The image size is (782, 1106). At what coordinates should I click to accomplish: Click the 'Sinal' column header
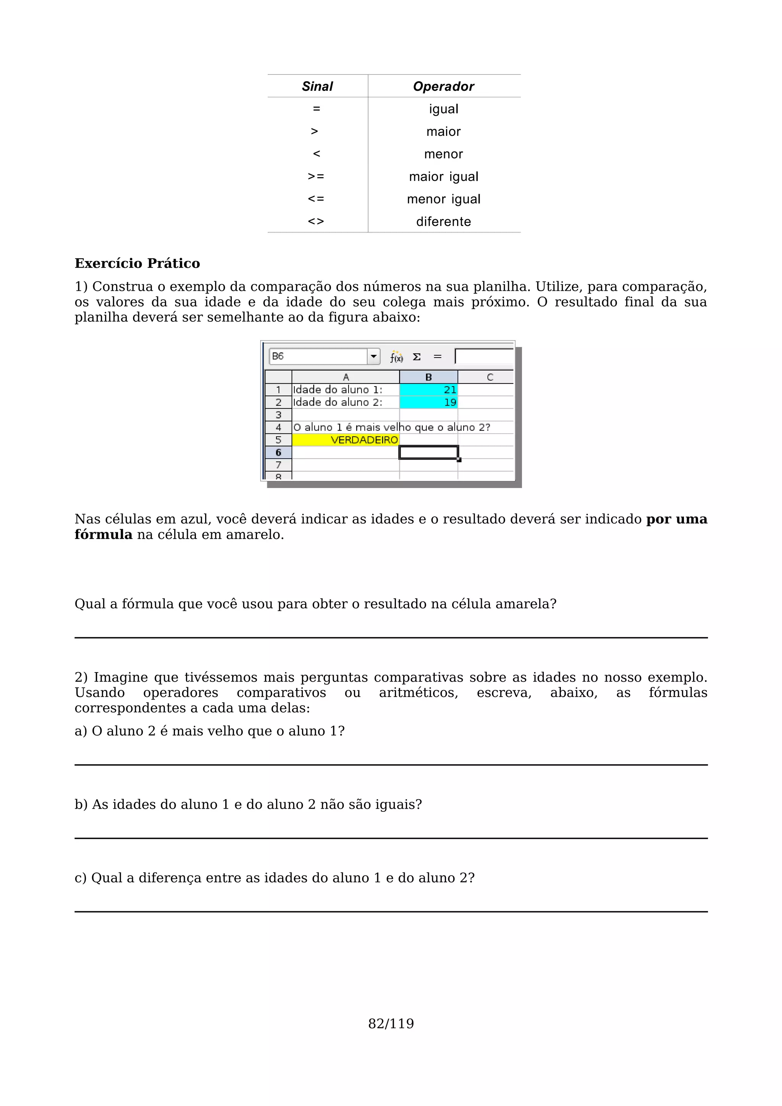[x=317, y=86]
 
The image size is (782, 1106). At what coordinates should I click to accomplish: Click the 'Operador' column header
[x=443, y=86]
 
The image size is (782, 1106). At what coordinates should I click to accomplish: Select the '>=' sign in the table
[x=316, y=176]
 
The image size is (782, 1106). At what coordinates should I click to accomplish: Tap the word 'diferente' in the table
[x=443, y=222]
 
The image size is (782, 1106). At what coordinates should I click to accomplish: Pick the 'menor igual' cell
[x=443, y=199]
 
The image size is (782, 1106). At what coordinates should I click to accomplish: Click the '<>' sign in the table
[x=316, y=222]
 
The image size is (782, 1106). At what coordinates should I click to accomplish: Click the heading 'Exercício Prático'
[x=137, y=263]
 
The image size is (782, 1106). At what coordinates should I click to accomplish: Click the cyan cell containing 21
[x=428, y=390]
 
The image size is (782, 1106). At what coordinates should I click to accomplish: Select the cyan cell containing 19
[x=428, y=402]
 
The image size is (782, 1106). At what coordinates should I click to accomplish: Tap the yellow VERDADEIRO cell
[x=346, y=440]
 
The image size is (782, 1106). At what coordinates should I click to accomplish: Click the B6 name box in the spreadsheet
[x=318, y=356]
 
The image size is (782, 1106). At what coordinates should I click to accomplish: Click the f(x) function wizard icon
[x=396, y=357]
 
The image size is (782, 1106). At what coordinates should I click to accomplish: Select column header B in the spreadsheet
[x=428, y=377]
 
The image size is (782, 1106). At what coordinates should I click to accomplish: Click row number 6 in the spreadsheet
[x=278, y=452]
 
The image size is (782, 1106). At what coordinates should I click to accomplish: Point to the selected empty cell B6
[x=428, y=452]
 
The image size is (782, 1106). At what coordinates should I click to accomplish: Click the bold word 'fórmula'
[x=103, y=535]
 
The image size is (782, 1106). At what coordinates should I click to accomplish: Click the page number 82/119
[x=391, y=1024]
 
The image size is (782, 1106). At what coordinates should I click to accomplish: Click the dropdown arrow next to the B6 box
[x=373, y=356]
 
